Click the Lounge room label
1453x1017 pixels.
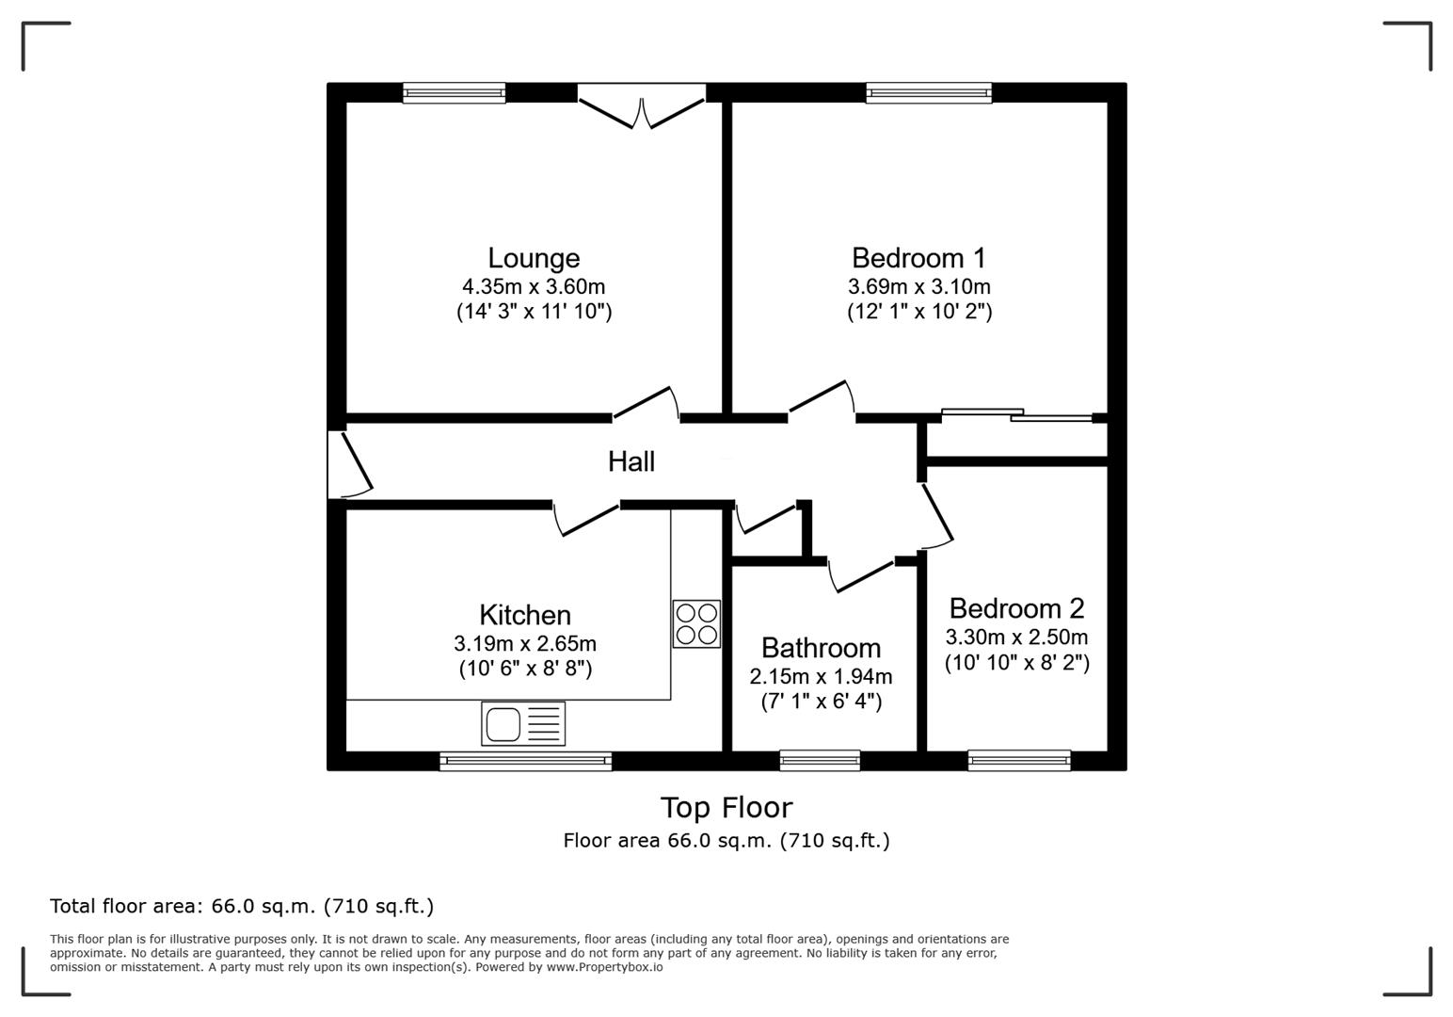pyautogui.click(x=533, y=258)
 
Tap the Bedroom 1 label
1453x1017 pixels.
pyautogui.click(x=918, y=258)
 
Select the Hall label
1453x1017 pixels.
pyautogui.click(x=631, y=461)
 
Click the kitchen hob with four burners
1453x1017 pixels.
pyautogui.click(x=696, y=623)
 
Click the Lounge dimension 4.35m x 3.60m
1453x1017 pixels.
pyautogui.click(x=533, y=286)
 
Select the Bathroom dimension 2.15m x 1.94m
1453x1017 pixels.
pyautogui.click(x=821, y=676)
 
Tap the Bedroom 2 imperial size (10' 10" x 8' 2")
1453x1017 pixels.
pyautogui.click(x=1016, y=663)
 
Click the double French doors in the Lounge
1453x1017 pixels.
pyautogui.click(x=641, y=107)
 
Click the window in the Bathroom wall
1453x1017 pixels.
pyautogui.click(x=820, y=759)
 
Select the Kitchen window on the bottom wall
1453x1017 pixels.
pyautogui.click(x=525, y=761)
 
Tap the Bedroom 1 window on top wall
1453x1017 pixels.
pyautogui.click(x=928, y=92)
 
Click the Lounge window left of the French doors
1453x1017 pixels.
pyautogui.click(x=454, y=92)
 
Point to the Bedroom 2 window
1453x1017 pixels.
pyautogui.click(x=1018, y=759)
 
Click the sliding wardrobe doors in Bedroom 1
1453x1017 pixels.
pyautogui.click(x=1016, y=414)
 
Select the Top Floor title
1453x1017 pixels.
pyautogui.click(x=726, y=808)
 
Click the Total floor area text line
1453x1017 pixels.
pyautogui.click(x=242, y=907)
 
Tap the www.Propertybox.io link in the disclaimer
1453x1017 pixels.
pyautogui.click(x=604, y=967)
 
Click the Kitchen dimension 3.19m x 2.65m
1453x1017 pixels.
pyautogui.click(x=524, y=644)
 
